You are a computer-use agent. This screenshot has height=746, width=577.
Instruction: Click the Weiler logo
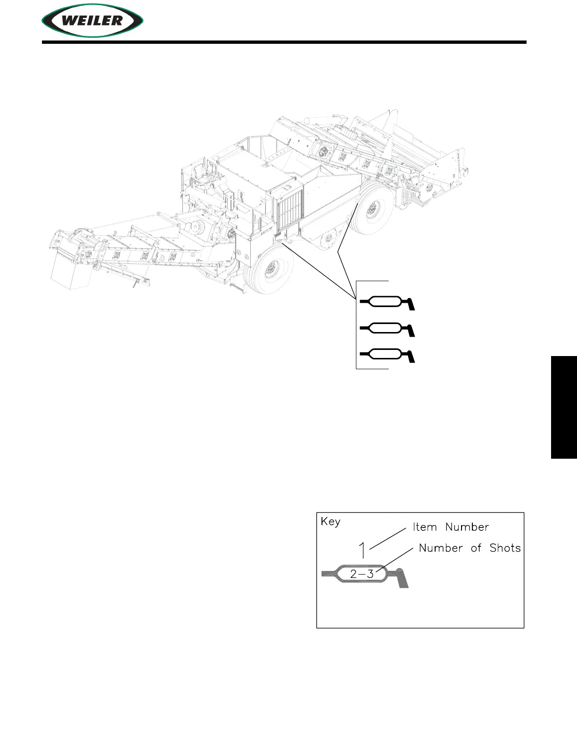pos(92,21)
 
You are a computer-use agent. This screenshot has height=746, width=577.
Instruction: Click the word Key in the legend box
pos(330,522)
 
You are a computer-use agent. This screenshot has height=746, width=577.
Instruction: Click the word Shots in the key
pos(505,548)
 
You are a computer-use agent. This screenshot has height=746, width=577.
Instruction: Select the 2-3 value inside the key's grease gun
pos(362,574)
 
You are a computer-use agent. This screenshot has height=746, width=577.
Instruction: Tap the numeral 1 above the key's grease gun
pos(363,550)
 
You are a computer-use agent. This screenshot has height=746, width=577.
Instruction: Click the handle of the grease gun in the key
pos(402,579)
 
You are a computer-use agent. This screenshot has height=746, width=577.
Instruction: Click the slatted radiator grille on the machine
pos(288,209)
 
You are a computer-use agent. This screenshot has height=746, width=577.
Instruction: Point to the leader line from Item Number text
pos(387,538)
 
